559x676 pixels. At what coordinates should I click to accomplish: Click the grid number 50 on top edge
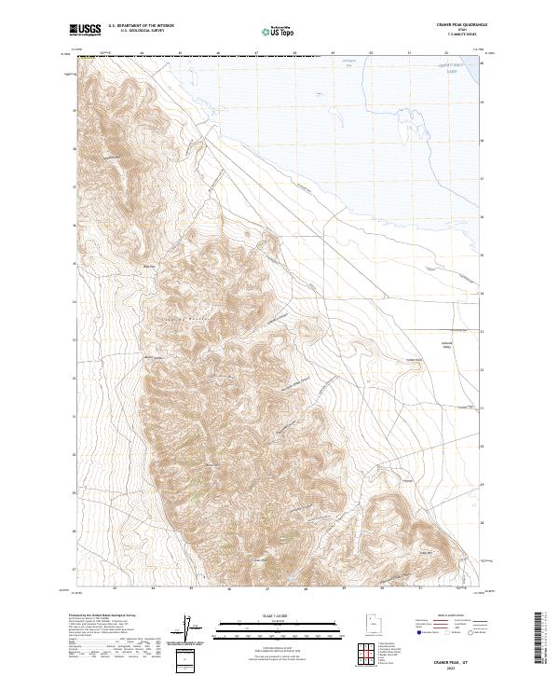(371, 53)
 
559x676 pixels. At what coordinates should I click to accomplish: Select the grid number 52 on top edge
(447, 53)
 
